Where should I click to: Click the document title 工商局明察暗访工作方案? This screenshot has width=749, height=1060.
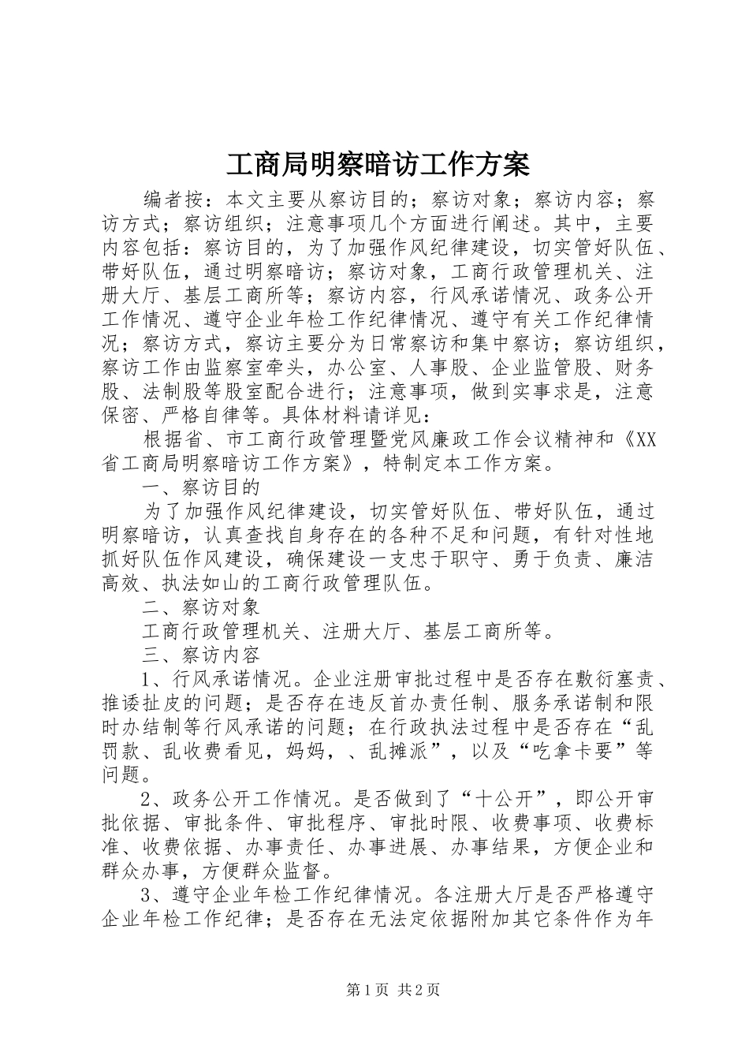[378, 165]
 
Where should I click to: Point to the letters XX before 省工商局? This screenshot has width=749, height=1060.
[644, 439]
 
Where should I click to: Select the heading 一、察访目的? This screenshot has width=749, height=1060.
[200, 487]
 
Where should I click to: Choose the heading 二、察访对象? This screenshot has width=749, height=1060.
[200, 607]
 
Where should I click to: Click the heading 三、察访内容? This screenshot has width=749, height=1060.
[200, 655]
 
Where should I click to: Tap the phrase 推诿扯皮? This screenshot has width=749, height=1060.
[142, 703]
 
